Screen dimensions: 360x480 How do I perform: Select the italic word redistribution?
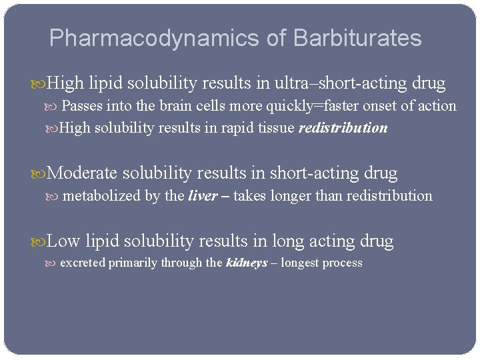[343, 128]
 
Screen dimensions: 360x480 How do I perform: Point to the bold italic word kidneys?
[247, 263]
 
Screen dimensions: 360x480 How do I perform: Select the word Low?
[65, 241]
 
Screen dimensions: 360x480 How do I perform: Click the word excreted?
[83, 263]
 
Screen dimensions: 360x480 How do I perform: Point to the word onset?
[376, 106]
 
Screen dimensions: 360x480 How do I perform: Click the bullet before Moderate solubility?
[42, 174]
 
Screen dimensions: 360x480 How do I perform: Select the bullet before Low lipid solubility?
[42, 241]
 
